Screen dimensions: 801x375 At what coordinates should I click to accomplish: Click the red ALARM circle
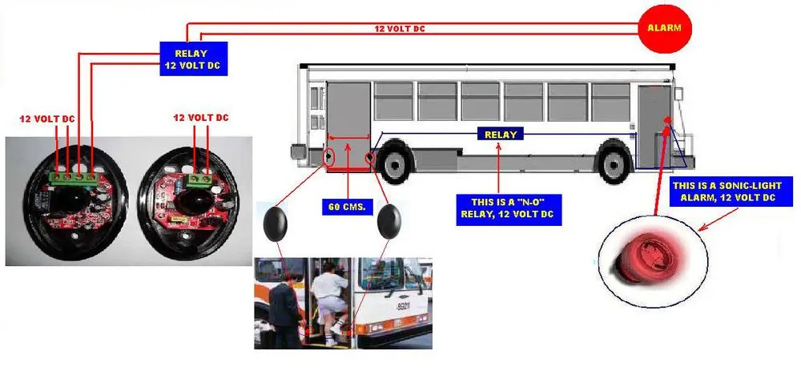(x=664, y=28)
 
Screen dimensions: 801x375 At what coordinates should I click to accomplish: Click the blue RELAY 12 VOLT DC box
(x=193, y=58)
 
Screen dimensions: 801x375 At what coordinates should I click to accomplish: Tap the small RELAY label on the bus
(x=501, y=135)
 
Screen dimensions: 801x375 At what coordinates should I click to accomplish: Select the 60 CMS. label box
(x=348, y=208)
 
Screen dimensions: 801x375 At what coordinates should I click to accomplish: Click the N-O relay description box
(x=509, y=209)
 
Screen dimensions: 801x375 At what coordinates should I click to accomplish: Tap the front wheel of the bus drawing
(x=394, y=163)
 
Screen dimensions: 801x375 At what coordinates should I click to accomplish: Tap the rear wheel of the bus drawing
(x=614, y=163)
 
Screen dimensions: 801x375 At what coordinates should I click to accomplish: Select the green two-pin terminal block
(x=201, y=179)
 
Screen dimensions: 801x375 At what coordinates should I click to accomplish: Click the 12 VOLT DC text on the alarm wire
(x=400, y=29)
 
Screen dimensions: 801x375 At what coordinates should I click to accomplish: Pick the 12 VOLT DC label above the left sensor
(x=47, y=119)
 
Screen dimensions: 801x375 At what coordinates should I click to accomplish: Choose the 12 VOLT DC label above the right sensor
(x=201, y=118)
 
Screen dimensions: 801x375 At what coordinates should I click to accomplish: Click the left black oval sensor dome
(x=276, y=223)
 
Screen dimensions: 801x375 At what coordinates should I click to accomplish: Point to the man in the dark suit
(x=285, y=313)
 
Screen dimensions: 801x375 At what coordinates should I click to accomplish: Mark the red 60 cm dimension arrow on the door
(x=348, y=137)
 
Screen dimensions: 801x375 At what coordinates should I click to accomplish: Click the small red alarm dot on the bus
(x=667, y=120)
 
